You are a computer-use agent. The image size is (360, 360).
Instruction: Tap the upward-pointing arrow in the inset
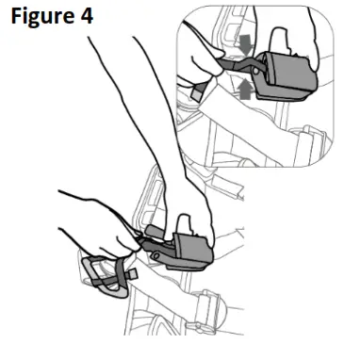[243, 90]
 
